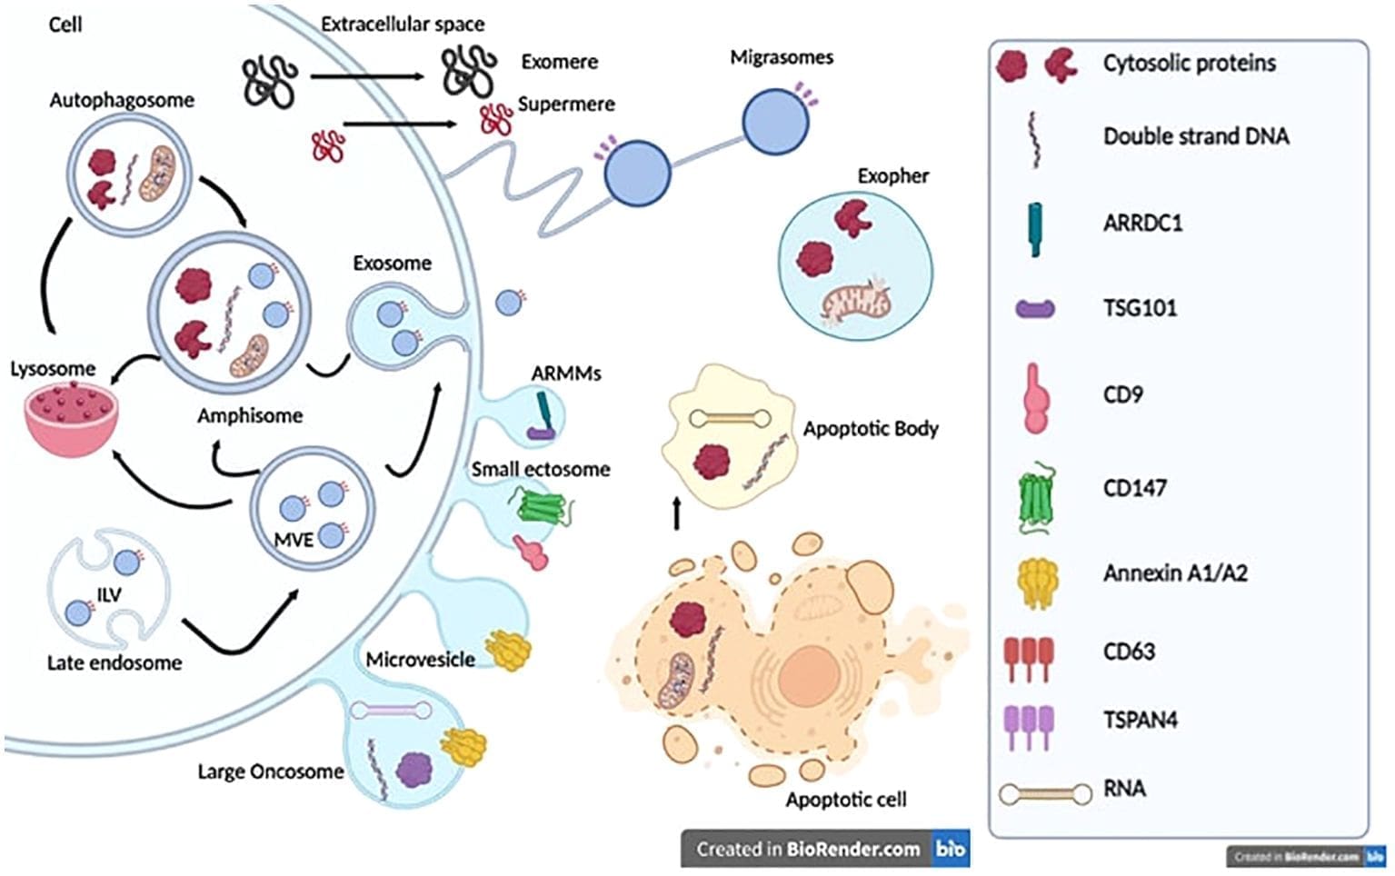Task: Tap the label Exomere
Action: (559, 62)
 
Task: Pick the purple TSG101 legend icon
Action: (1035, 309)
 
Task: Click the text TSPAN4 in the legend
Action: (1140, 720)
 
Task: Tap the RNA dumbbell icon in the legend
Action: (1045, 794)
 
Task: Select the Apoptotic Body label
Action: (870, 429)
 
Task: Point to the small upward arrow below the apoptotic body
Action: (675, 513)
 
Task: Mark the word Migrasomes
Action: (782, 57)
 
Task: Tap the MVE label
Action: (293, 540)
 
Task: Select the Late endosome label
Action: (114, 663)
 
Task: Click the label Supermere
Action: (565, 105)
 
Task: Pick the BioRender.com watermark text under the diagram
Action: (808, 850)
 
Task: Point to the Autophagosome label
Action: (121, 100)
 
